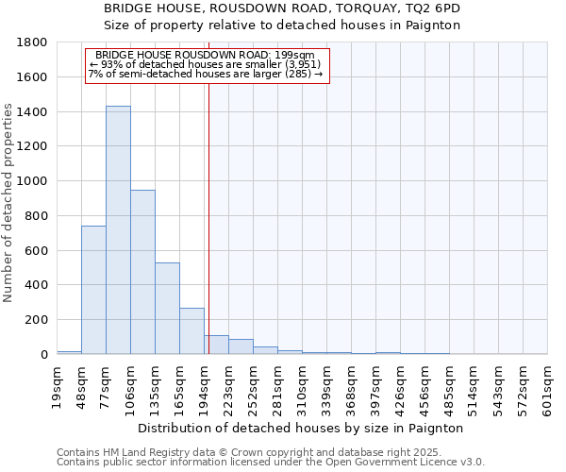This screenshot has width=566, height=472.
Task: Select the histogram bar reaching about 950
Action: pos(142,272)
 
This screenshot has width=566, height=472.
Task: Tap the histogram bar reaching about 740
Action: pos(93,290)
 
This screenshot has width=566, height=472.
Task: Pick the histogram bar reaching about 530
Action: pos(167,308)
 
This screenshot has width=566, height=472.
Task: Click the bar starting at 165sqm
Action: pos(191,330)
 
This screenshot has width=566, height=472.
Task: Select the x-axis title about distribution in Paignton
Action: pos(301,428)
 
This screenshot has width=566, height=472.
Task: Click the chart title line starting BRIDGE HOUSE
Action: pos(282,8)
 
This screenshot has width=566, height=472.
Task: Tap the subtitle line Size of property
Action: pos(282,25)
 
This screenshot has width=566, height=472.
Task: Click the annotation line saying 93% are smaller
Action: pos(207,64)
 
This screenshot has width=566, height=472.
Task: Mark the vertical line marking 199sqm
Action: pos(208,208)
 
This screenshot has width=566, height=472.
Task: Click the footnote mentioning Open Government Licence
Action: pos(271,463)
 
